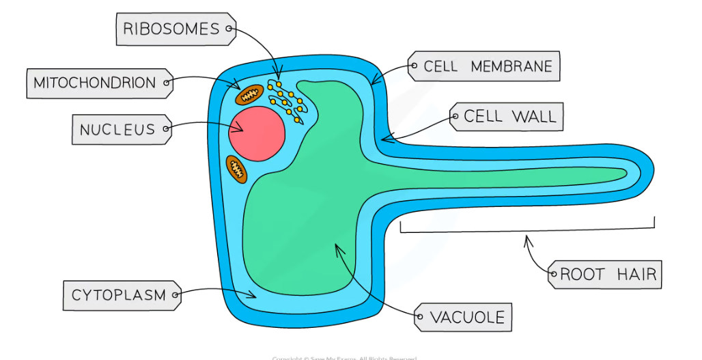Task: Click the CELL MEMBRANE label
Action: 487,67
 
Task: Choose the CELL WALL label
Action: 508,117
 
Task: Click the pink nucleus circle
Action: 257,133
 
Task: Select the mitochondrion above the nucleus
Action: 249,94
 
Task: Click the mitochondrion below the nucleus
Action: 236,168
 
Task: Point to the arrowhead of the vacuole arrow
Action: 336,248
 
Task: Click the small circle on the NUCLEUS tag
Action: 167,127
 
